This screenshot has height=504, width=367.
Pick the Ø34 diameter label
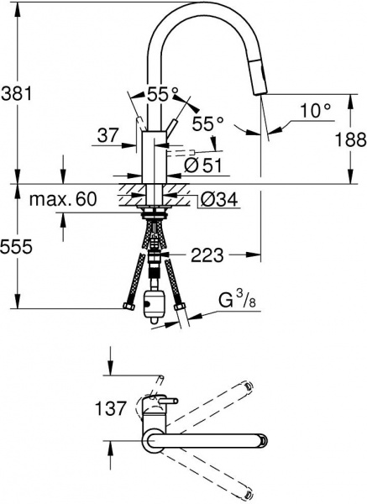pyautogui.click(x=215, y=200)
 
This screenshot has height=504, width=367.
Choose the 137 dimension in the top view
pyautogui.click(x=111, y=409)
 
